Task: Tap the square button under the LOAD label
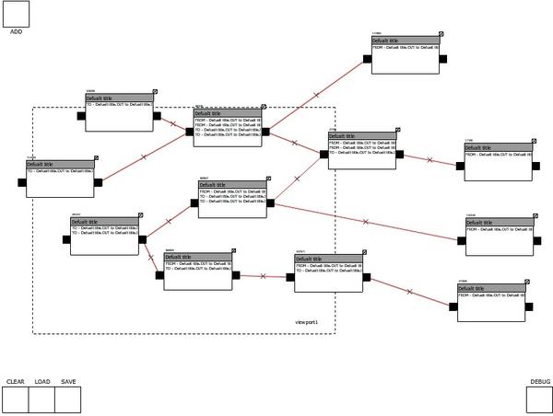click(x=41, y=399)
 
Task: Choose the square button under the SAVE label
click(x=68, y=399)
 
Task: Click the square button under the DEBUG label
click(x=539, y=399)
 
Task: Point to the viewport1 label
click(x=306, y=321)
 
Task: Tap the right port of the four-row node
click(x=265, y=132)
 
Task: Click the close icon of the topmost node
click(x=441, y=32)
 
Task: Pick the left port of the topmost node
click(x=367, y=59)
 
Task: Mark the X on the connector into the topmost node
click(x=316, y=95)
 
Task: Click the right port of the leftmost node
click(x=99, y=182)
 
